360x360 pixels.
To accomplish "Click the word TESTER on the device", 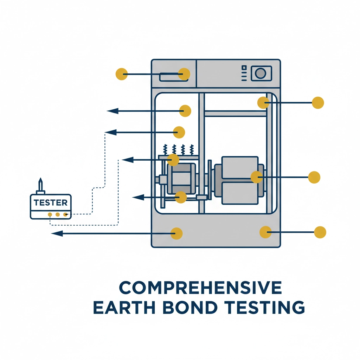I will click(51, 202).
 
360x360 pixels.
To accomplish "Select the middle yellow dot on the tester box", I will click(57, 214).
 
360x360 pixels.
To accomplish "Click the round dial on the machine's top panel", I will click(260, 73).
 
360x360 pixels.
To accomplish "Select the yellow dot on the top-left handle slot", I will click(184, 74).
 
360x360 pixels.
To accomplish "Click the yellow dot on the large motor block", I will click(257, 176).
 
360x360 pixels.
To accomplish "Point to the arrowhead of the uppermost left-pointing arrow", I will click(112, 111).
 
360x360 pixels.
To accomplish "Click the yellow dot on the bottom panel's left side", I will click(176, 233).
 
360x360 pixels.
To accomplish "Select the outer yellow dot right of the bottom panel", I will click(320, 232).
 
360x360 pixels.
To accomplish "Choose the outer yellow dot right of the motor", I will click(314, 177).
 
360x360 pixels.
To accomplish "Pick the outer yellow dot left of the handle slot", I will click(121, 74).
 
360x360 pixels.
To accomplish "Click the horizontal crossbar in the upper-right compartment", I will click(235, 114).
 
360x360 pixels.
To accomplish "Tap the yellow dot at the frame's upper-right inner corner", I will click(263, 102).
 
